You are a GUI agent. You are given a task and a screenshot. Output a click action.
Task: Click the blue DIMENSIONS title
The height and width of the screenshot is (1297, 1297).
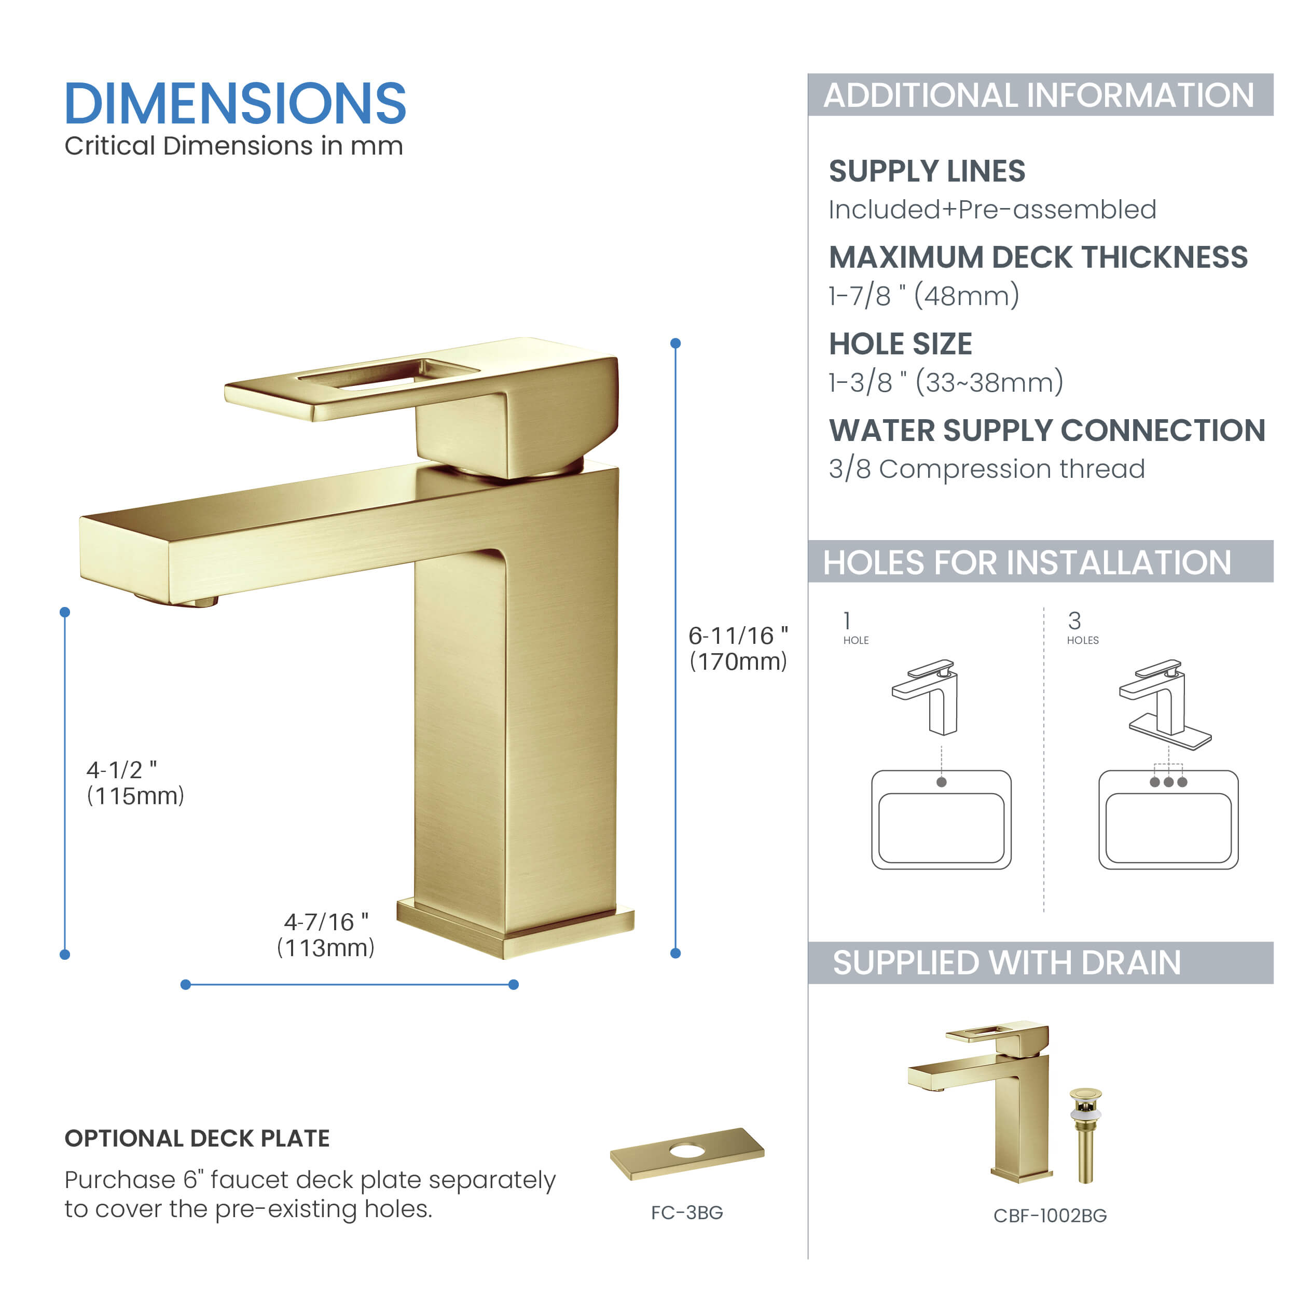point(235,104)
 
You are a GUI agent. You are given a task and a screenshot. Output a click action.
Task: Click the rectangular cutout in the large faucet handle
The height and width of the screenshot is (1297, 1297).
point(390,375)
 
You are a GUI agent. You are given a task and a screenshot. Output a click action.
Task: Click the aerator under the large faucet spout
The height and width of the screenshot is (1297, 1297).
point(176,601)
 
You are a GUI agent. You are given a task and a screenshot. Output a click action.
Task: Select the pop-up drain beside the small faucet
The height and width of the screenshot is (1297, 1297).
point(1085,1135)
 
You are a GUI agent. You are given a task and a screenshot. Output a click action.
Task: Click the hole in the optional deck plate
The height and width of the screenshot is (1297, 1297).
point(687,1151)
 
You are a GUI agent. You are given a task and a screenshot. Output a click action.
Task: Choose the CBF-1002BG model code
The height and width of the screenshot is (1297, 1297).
point(1050,1216)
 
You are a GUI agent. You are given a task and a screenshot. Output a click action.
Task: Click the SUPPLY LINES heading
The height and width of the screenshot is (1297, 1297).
point(927,171)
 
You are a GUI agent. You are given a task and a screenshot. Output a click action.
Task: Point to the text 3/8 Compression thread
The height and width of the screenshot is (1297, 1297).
point(986,468)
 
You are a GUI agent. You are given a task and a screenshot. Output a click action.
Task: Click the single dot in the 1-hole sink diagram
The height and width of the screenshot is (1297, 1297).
point(941,782)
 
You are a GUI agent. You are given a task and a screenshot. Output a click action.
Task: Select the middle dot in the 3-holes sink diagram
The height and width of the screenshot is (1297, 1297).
point(1169,782)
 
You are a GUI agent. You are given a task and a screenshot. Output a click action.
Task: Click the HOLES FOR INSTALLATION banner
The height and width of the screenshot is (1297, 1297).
point(1040,562)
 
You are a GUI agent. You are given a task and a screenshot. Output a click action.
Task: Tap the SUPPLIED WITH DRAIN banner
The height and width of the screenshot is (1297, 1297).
point(1040,963)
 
